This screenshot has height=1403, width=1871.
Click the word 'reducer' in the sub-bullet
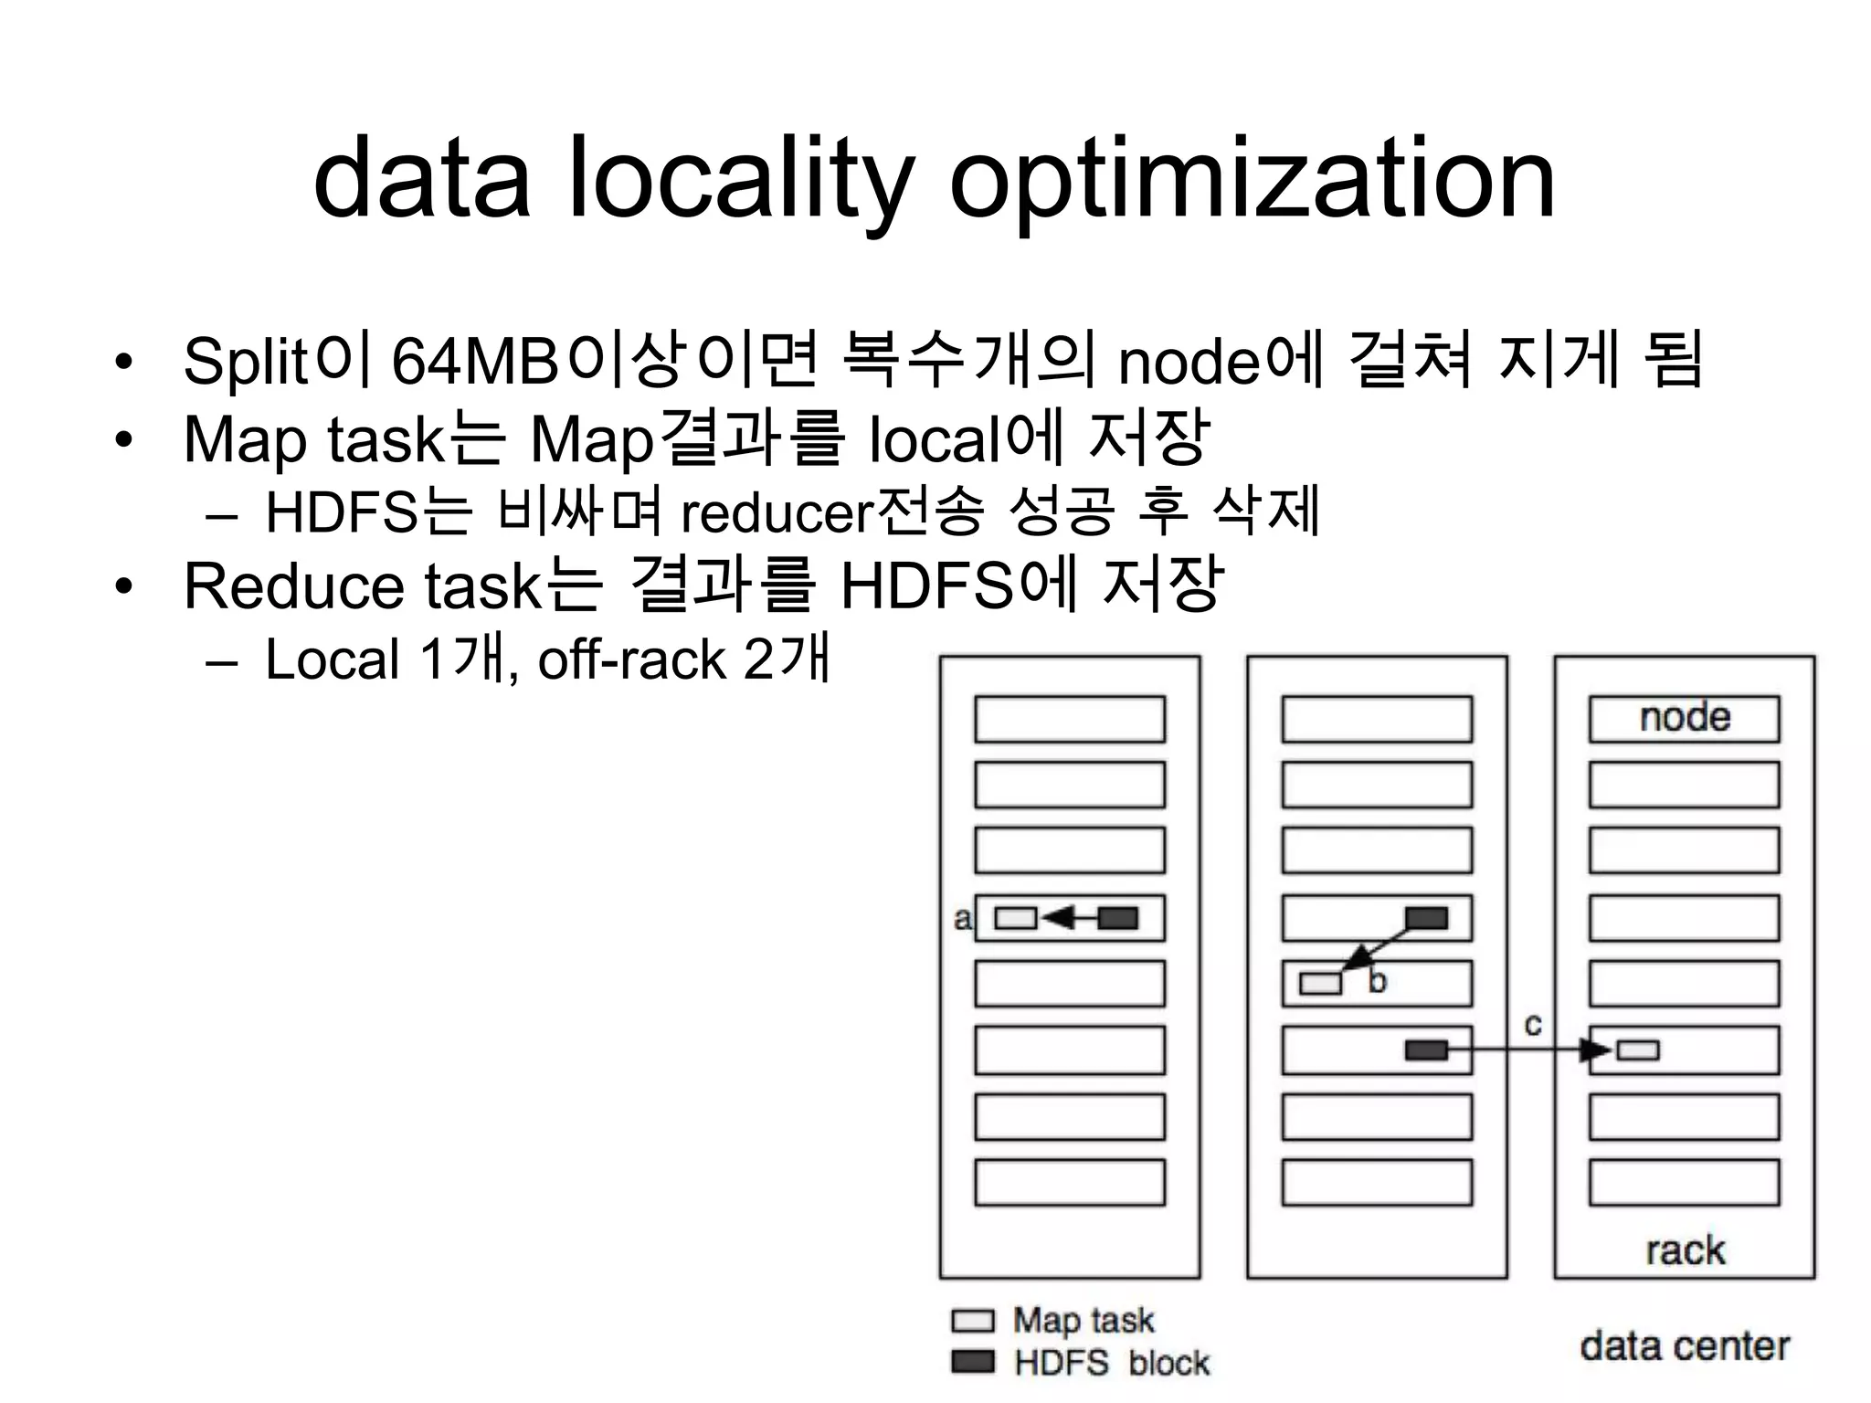click(777, 513)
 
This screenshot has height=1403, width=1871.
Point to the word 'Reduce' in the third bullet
click(293, 585)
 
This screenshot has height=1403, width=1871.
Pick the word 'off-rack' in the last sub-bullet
click(631, 659)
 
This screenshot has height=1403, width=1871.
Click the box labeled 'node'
click(1684, 719)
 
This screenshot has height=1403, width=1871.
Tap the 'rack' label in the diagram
click(1685, 1250)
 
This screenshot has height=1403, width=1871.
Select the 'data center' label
click(1684, 1345)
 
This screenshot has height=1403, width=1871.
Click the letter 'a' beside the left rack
click(962, 918)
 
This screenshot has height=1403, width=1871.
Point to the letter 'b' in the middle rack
click(1377, 982)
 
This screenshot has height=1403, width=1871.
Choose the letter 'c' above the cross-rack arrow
click(1533, 1025)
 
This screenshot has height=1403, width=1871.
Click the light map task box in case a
click(1015, 918)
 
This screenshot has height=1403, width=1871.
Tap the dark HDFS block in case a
click(1117, 918)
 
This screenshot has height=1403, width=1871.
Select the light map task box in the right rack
click(1638, 1050)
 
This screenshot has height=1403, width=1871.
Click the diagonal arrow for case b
click(1380, 950)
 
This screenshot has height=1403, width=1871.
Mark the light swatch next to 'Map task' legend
click(972, 1321)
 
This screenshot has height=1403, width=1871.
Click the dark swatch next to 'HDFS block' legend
click(972, 1362)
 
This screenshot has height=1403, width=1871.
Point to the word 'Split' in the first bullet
click(245, 362)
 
